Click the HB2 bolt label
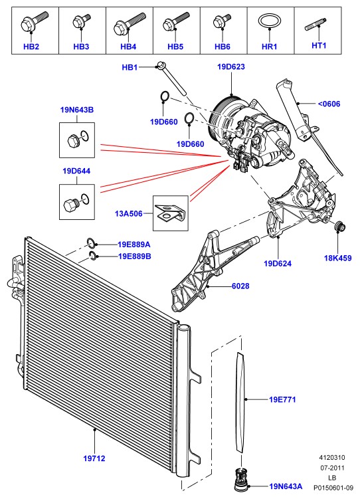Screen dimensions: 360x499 (31, 47)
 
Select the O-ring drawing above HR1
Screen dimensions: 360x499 (270, 22)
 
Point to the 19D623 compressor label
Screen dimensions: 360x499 (231, 67)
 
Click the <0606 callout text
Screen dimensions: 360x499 (329, 104)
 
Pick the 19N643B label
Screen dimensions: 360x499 (77, 110)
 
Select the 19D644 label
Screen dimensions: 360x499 (76, 171)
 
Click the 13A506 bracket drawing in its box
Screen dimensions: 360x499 (171, 213)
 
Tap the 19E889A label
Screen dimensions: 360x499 (134, 245)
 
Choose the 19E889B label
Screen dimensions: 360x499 (135, 256)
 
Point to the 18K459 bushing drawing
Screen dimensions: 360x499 (340, 227)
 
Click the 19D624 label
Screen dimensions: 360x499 (278, 264)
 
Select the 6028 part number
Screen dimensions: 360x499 (240, 286)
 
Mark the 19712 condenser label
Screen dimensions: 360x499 (94, 458)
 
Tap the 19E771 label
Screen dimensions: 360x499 (282, 399)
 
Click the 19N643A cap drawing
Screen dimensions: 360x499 (240, 480)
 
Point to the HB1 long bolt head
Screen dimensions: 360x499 (160, 66)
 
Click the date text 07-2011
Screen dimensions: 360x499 (332, 468)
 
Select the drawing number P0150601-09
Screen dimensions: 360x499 (332, 488)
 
